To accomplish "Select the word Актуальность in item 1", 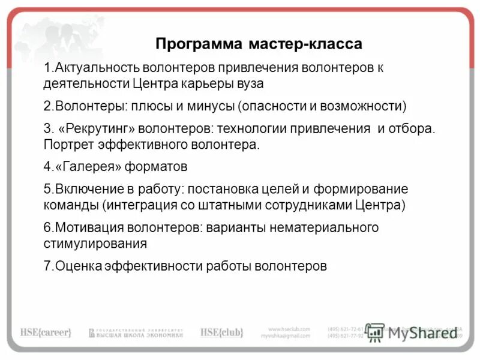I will [94, 67].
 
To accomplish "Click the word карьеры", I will [211, 83].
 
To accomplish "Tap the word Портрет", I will [66, 145].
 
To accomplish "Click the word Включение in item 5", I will [84, 189].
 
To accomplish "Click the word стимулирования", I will [95, 243].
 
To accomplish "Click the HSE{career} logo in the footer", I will [46, 332].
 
